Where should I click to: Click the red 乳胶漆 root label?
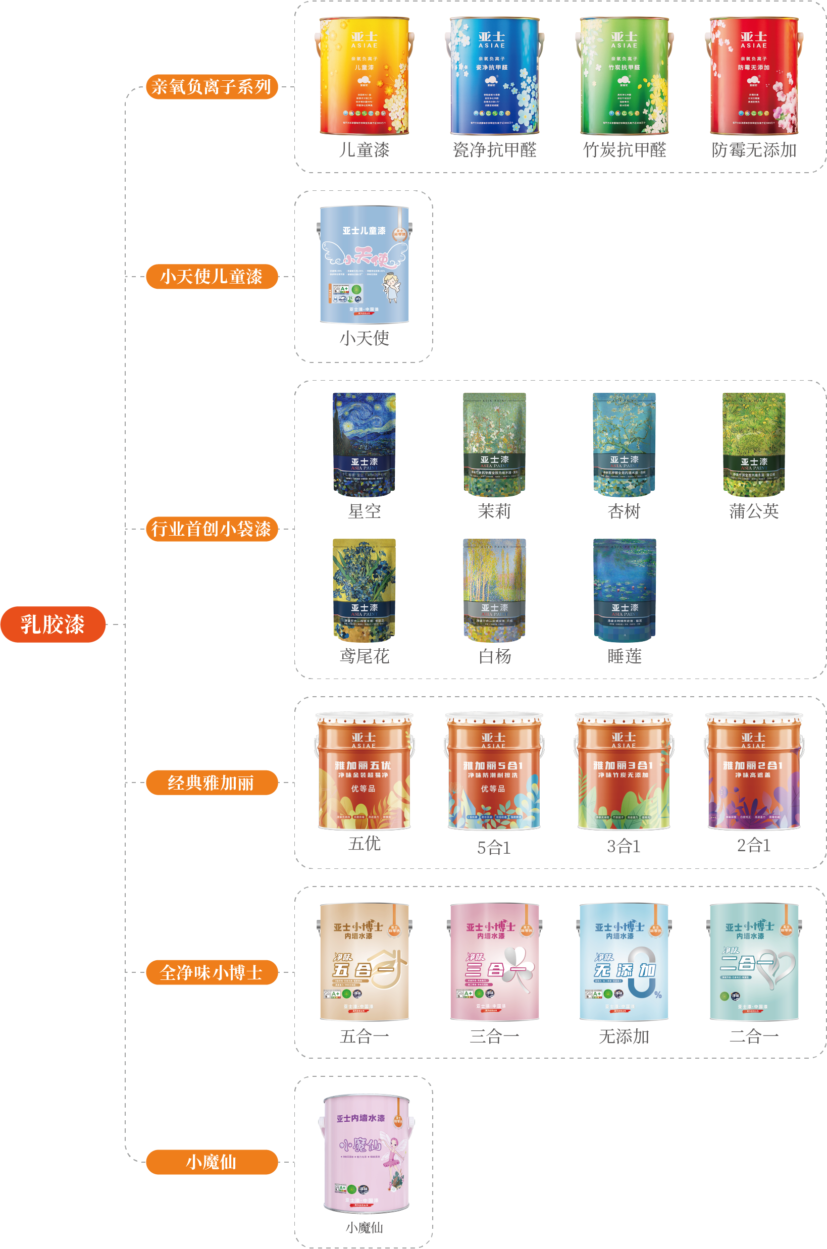[53, 624]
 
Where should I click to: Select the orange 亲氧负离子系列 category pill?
[212, 86]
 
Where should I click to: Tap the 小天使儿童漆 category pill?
[212, 276]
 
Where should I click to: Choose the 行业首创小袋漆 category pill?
[212, 529]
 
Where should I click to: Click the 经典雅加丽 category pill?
[212, 783]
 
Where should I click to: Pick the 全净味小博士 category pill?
[212, 972]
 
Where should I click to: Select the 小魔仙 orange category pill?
[212, 1162]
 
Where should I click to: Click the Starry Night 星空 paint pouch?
[364, 444]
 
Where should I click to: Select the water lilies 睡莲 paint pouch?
[624, 590]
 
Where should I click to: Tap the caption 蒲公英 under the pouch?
[754, 511]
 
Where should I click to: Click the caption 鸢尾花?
[364, 656]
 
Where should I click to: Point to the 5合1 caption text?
[494, 847]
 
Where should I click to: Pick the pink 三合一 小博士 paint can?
[494, 962]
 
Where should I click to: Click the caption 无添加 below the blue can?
[624, 1036]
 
